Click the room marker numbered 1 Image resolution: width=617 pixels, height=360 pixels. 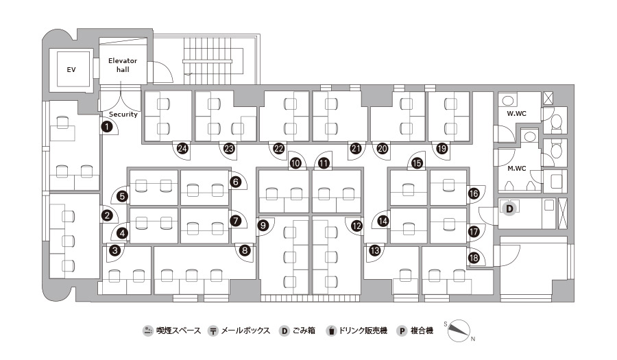[x=107, y=127]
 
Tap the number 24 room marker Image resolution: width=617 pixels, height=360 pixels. [x=182, y=148]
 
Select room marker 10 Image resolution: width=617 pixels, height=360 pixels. [x=295, y=163]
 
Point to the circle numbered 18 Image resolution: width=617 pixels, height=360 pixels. [x=474, y=258]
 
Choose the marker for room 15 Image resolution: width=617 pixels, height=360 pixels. [x=417, y=163]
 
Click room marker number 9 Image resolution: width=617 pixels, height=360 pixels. [x=263, y=226]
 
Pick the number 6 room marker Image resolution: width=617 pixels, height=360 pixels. [x=236, y=182]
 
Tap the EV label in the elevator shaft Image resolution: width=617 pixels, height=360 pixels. [x=71, y=70]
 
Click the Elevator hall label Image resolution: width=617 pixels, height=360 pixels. [x=123, y=65]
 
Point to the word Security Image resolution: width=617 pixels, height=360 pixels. [x=123, y=114]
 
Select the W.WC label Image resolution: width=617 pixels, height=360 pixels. [x=517, y=113]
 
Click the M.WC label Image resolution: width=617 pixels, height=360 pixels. [x=517, y=169]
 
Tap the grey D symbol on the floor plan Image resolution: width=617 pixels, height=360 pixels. [x=509, y=208]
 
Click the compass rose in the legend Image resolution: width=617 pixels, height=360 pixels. [x=459, y=331]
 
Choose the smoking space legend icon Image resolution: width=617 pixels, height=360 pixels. [x=147, y=331]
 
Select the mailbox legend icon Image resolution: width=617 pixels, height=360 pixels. [x=213, y=331]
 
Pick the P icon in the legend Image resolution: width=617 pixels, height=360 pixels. [x=402, y=331]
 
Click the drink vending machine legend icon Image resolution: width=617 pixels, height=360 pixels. [x=331, y=331]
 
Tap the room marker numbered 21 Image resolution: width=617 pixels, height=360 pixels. [x=356, y=148]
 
